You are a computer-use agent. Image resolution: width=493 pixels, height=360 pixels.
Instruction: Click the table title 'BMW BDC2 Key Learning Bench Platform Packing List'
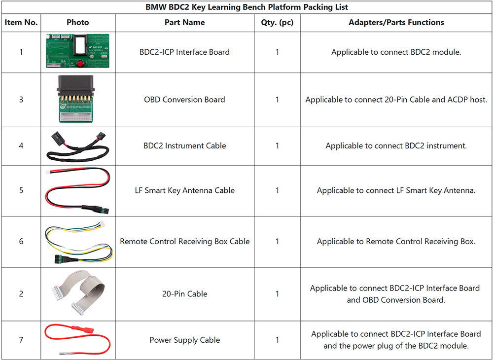click(x=246, y=7)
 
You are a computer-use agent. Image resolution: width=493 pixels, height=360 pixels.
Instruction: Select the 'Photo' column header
click(x=78, y=22)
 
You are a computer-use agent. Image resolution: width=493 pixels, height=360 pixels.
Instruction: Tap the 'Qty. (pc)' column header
click(x=277, y=22)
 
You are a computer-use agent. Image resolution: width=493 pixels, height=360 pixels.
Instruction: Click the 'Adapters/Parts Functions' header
click(x=396, y=22)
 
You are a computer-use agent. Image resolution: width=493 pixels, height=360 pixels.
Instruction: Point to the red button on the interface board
click(x=80, y=64)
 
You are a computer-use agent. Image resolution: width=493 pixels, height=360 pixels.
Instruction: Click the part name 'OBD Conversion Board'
click(x=184, y=100)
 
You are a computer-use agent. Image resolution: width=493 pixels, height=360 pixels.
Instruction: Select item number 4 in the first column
click(x=21, y=145)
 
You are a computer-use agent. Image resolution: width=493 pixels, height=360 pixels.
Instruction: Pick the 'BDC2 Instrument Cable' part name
click(x=184, y=145)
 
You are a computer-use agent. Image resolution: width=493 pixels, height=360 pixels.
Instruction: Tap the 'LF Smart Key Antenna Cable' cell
click(x=184, y=190)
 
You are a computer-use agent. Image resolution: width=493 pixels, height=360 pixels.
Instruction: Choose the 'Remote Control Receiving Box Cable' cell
click(x=184, y=242)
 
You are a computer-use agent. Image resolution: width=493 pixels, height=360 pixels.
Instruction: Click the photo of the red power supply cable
click(x=78, y=339)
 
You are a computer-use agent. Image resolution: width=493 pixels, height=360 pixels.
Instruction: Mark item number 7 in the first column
click(x=21, y=340)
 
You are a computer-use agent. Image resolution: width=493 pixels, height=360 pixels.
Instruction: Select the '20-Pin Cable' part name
click(x=184, y=293)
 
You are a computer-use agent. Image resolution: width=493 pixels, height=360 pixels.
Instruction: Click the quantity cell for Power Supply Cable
click(x=277, y=340)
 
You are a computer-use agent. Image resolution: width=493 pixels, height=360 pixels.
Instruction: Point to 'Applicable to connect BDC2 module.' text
click(x=396, y=52)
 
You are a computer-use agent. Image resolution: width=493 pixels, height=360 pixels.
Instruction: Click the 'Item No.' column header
click(x=21, y=22)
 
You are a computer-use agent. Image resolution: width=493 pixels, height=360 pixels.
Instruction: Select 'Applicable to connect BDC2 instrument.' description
click(x=396, y=145)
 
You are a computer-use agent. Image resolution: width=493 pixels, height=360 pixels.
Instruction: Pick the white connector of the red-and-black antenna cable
click(x=49, y=173)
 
